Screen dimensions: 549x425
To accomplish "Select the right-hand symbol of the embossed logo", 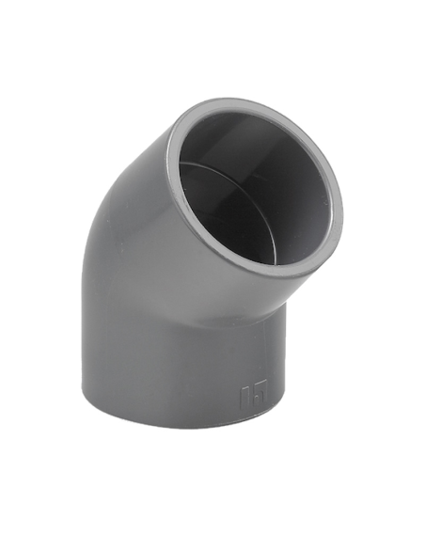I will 260,387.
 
